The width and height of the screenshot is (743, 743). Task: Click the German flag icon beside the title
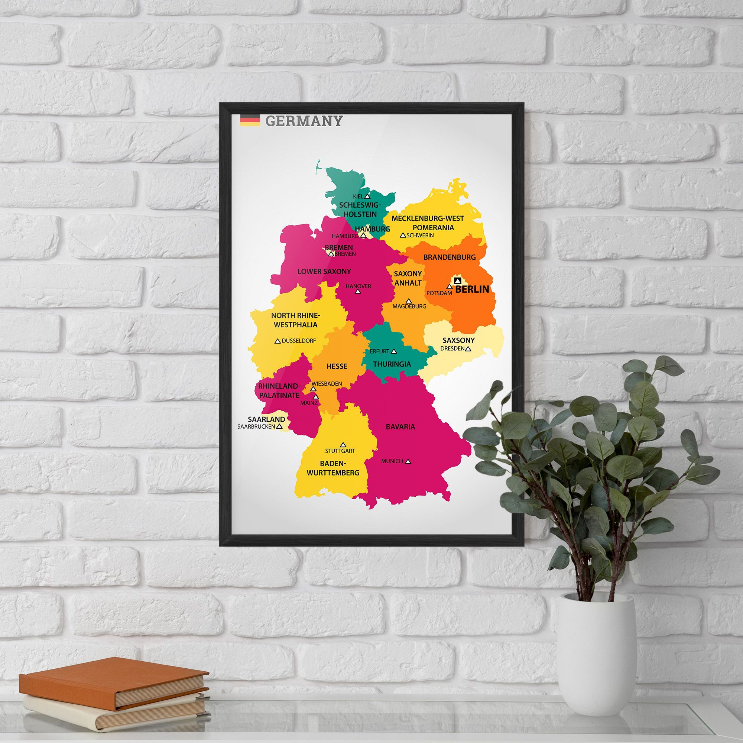pos(250,120)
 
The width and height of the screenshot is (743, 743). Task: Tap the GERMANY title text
pos(304,121)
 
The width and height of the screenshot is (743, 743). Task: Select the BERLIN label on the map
pos(472,289)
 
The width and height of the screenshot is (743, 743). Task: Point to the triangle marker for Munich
pos(408,461)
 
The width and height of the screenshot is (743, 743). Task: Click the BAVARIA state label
pos(400,426)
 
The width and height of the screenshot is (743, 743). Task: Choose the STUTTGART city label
pos(340,451)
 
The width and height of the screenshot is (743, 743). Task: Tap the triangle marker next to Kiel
pos(367,197)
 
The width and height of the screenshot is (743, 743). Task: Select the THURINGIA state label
pos(392,364)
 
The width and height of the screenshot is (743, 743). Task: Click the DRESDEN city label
pos(452,349)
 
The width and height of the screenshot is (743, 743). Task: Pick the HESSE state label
pos(337,366)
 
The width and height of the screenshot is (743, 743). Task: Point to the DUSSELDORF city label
pos(299,341)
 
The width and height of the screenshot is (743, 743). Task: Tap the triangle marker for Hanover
pos(358,292)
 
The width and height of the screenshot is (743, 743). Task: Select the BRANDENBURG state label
pos(449,257)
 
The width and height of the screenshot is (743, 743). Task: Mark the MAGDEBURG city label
pos(409,306)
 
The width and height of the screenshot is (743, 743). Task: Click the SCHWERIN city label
pos(420,235)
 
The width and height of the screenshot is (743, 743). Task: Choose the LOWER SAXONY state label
pos(324,272)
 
